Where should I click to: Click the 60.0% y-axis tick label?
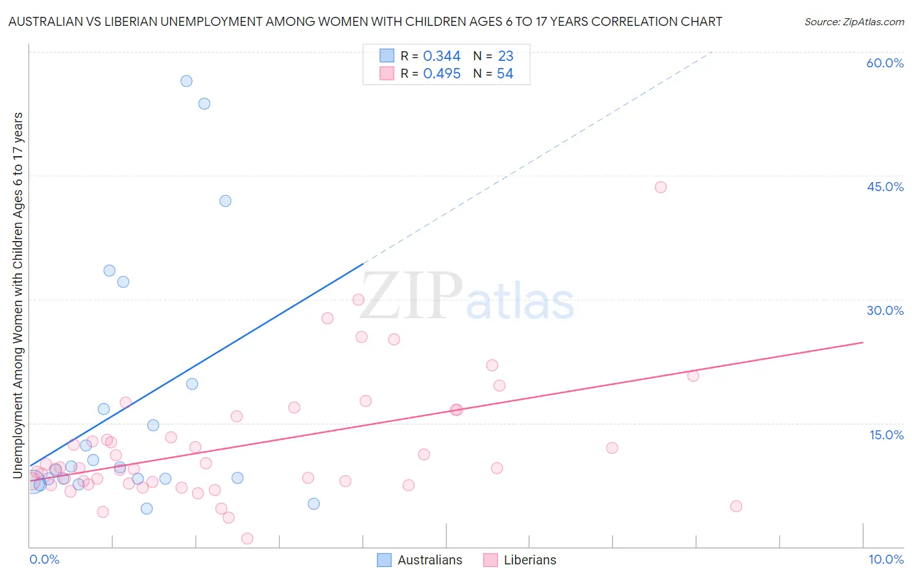tap(885, 63)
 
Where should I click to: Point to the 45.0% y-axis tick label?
tap(885, 187)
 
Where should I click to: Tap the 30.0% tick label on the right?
tap(885, 310)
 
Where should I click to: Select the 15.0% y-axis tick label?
tap(886, 435)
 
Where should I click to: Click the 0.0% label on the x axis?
tap(44, 559)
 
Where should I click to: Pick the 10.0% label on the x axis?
tap(885, 559)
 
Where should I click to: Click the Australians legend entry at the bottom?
tap(420, 560)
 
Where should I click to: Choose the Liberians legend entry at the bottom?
tap(520, 560)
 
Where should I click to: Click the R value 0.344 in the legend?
tap(442, 56)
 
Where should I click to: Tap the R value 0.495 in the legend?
tap(442, 74)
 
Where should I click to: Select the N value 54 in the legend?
tap(505, 74)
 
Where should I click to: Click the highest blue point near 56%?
tap(186, 81)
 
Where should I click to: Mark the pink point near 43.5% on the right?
tap(660, 187)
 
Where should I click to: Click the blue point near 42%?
tap(225, 201)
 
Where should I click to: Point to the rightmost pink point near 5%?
tap(736, 506)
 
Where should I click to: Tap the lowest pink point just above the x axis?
tap(247, 538)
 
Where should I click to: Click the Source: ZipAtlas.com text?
tap(854, 22)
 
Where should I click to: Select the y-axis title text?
tap(18, 295)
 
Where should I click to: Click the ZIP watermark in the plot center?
tap(411, 296)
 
